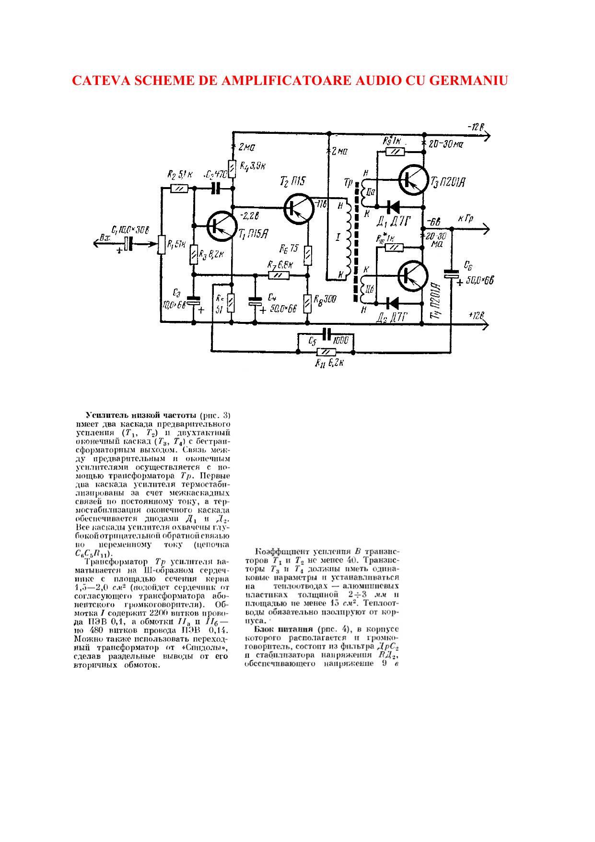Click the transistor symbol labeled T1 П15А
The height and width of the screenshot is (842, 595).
point(222,225)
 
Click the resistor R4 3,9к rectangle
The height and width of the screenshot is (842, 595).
point(232,167)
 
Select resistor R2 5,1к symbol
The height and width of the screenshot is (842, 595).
point(178,189)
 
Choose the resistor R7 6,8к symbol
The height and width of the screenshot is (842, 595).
point(279,275)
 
